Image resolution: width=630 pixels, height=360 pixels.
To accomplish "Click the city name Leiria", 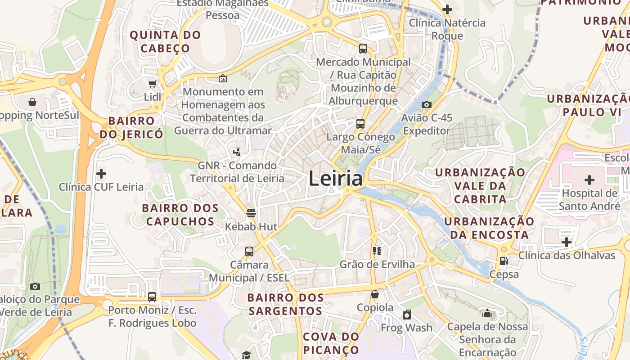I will [x=335, y=179].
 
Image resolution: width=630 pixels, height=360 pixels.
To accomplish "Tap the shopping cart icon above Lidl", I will [x=152, y=84].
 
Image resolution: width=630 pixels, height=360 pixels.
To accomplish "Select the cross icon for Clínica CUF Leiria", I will [x=101, y=173].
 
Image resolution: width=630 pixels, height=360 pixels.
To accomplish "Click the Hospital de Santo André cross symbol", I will [x=589, y=180].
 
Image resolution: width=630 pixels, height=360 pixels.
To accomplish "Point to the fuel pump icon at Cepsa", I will [x=504, y=261].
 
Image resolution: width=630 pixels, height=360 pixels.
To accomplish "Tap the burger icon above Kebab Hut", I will [x=251, y=213].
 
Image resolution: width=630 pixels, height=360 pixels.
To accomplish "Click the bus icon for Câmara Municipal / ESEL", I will [x=249, y=252].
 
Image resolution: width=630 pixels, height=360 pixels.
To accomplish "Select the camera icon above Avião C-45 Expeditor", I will [x=426, y=104].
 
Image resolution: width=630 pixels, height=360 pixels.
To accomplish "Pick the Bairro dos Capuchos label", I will [x=180, y=215].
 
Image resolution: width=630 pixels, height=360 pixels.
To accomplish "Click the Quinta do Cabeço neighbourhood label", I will [x=165, y=41].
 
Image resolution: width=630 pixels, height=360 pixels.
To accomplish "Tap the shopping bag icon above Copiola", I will [x=375, y=295].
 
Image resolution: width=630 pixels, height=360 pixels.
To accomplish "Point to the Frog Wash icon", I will [x=407, y=315].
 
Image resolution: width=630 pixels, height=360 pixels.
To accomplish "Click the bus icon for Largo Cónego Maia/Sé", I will [x=360, y=124].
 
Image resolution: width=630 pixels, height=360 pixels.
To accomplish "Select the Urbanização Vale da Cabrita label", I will [x=480, y=185].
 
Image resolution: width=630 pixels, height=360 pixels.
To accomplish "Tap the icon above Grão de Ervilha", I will [x=377, y=251].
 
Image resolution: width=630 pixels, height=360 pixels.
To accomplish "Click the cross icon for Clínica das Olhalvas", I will [x=566, y=243].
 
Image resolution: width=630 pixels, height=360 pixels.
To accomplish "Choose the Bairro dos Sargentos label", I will [x=285, y=304].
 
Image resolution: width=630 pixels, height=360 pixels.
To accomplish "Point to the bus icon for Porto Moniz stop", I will [x=152, y=297].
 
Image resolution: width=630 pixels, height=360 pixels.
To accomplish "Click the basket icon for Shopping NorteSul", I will [x=32, y=102].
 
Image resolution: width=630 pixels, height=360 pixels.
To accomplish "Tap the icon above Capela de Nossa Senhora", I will [x=487, y=313].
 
